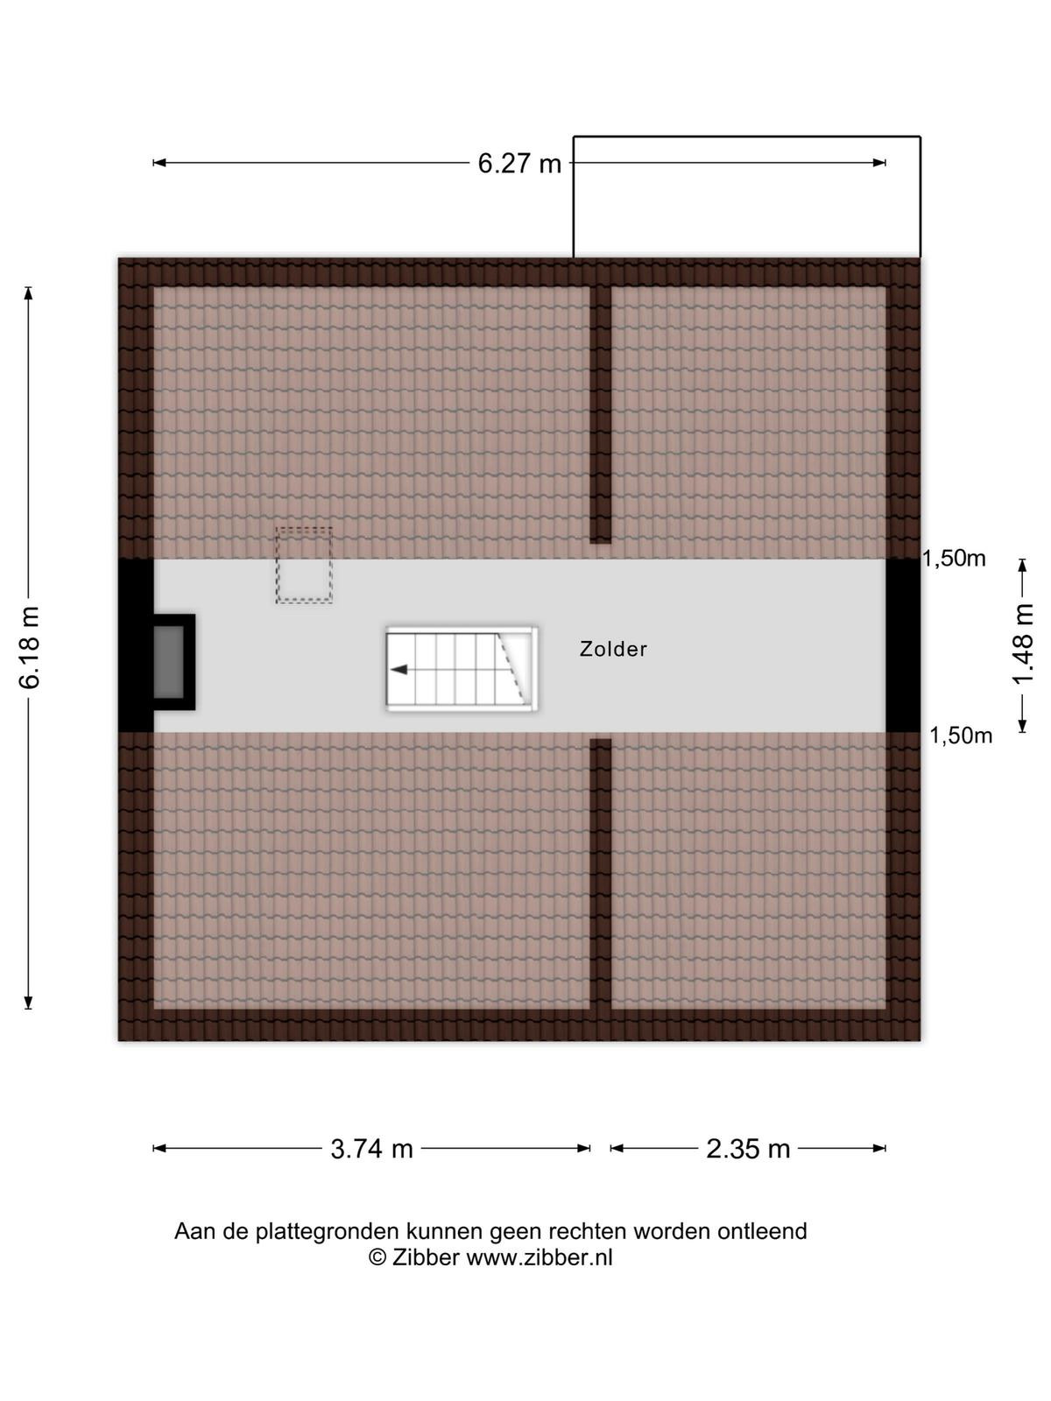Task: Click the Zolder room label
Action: [612, 649]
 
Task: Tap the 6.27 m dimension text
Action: [519, 164]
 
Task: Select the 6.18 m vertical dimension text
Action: [30, 648]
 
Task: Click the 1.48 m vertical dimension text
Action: [1023, 644]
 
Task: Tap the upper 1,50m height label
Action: [954, 559]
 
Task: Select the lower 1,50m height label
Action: [961, 736]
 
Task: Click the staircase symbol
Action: [462, 668]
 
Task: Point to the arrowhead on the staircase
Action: [399, 670]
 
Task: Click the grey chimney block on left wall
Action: [169, 662]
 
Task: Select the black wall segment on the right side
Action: [903, 645]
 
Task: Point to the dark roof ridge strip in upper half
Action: [601, 415]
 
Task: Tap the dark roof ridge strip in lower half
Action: [601, 875]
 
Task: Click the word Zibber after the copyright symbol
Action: [426, 1257]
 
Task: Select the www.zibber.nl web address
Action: [540, 1257]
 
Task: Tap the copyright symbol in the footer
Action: [377, 1257]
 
